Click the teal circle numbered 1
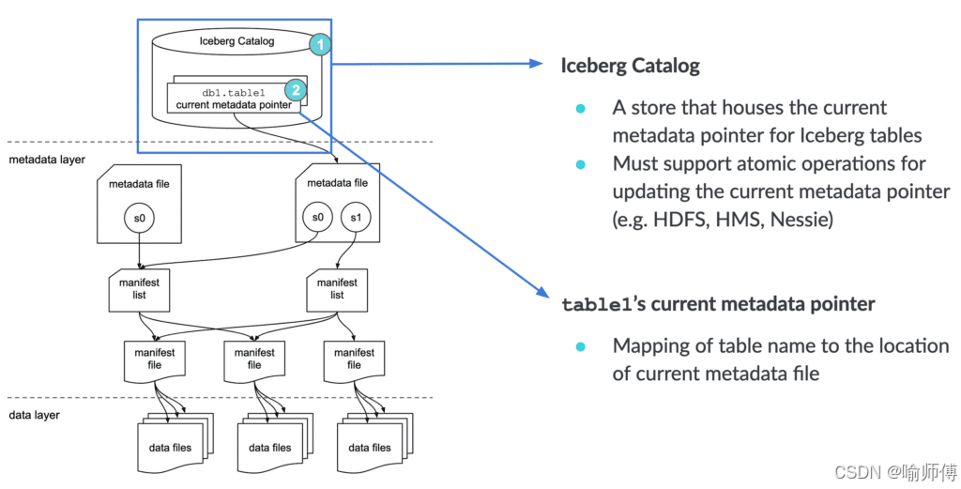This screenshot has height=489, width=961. (x=320, y=44)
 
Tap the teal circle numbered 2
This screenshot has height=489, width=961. (x=296, y=90)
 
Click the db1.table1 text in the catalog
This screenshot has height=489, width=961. (x=234, y=93)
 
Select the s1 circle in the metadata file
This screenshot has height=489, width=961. (x=356, y=218)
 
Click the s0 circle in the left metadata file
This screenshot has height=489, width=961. (x=140, y=218)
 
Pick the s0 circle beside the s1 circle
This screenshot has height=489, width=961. (x=317, y=218)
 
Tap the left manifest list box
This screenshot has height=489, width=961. (x=139, y=290)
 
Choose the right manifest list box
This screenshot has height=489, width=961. (x=337, y=290)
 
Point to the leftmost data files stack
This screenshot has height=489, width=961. (x=175, y=443)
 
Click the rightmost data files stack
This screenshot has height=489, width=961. (x=374, y=443)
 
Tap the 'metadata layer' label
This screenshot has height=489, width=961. (x=47, y=160)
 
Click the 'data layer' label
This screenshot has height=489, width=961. (x=35, y=416)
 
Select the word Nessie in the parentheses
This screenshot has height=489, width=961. (x=801, y=219)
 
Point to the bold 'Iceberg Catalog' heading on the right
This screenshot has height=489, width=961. (x=630, y=67)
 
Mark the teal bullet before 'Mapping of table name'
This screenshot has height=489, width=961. (x=580, y=347)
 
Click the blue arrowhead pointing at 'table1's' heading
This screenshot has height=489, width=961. (x=542, y=292)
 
